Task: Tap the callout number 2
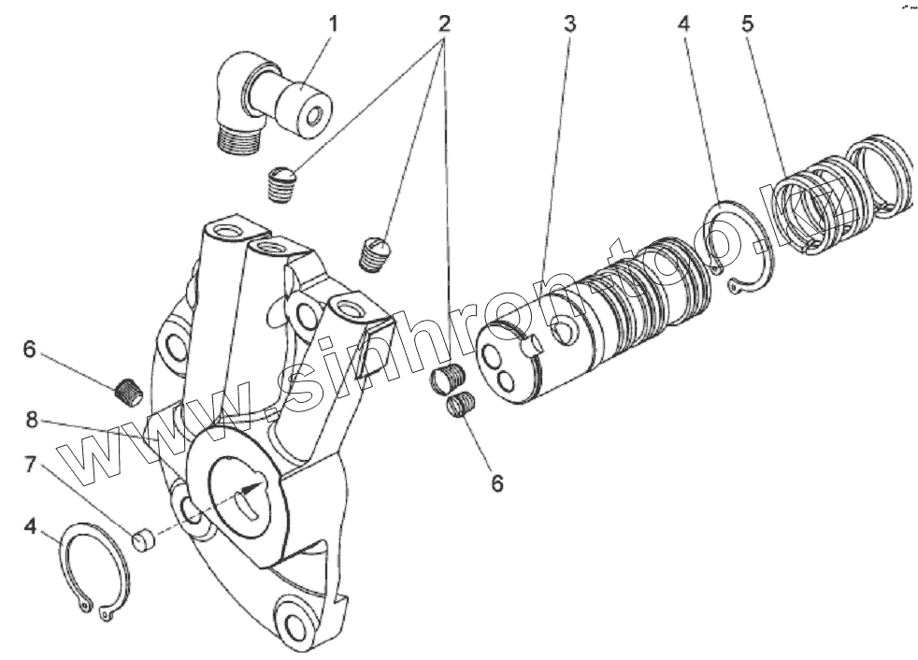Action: pyautogui.click(x=445, y=22)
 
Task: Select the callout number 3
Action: pyautogui.click(x=569, y=23)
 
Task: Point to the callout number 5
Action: pyautogui.click(x=748, y=23)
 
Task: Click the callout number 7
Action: pyautogui.click(x=30, y=463)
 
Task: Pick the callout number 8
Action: pyautogui.click(x=32, y=421)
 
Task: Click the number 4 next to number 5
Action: pyautogui.click(x=683, y=23)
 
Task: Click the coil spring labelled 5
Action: pyautogui.click(x=841, y=196)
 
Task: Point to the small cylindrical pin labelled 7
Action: pyautogui.click(x=142, y=540)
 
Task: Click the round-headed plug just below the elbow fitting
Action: pyautogui.click(x=281, y=183)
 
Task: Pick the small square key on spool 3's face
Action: pyautogui.click(x=534, y=347)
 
